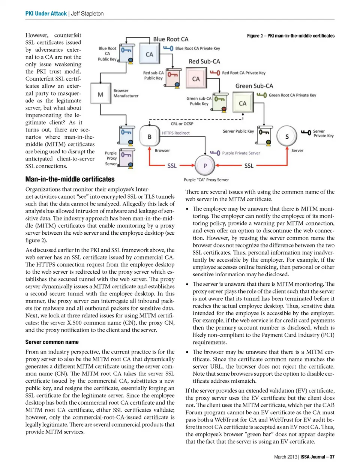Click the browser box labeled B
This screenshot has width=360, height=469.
click(x=149, y=136)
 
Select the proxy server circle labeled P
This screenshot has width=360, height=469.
click(x=205, y=165)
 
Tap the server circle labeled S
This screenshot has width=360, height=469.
click(x=287, y=136)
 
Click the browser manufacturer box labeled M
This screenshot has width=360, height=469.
click(x=100, y=94)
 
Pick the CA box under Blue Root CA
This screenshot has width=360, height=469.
click(x=149, y=54)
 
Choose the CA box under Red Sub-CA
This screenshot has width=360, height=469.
click(x=196, y=79)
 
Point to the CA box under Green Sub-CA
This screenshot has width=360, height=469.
click(x=243, y=103)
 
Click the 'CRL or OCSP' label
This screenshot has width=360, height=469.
click(x=182, y=124)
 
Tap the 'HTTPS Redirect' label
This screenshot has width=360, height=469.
click(x=175, y=133)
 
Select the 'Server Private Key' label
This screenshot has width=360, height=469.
click(x=323, y=133)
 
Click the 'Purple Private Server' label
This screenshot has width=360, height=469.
click(x=241, y=153)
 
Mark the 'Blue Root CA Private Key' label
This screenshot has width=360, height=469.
click(x=198, y=48)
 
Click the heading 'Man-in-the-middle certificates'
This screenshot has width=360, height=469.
click(x=70, y=179)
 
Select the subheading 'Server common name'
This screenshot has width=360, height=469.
click(x=52, y=342)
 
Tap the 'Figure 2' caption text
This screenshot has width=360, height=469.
click(x=291, y=36)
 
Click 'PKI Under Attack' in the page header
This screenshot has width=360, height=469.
click(x=46, y=13)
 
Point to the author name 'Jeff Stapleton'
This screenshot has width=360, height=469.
click(x=87, y=13)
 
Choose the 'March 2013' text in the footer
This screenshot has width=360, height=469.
click(x=285, y=457)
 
